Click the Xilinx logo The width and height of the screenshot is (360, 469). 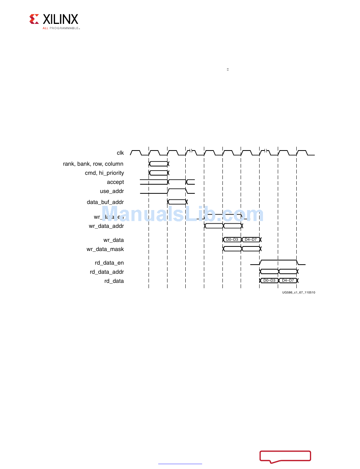point(54,20)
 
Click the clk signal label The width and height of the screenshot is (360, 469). point(120,153)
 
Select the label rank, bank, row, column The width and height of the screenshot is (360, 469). point(93,164)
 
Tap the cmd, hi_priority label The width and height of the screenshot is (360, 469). point(104,173)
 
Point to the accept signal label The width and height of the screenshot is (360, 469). point(115,182)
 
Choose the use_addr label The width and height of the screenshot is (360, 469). point(112,191)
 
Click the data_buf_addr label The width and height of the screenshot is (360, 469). point(105,202)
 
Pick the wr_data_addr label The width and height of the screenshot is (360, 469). point(106,226)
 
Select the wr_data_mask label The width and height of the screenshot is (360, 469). point(105,249)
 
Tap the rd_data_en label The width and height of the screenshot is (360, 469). point(109,262)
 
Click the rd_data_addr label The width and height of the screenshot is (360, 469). point(107,272)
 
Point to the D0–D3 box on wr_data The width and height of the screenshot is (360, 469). point(232,240)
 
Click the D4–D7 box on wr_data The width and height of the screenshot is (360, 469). point(250,240)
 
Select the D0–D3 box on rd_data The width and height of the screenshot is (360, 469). point(269,281)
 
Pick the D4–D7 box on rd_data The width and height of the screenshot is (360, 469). point(288,281)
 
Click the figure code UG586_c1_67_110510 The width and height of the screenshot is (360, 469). point(298,292)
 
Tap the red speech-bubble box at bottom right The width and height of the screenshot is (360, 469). point(285,456)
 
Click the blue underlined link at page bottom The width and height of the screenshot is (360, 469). point(180,463)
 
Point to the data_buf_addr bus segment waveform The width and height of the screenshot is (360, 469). point(177,202)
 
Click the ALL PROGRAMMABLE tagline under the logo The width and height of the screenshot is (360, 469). point(61,28)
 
